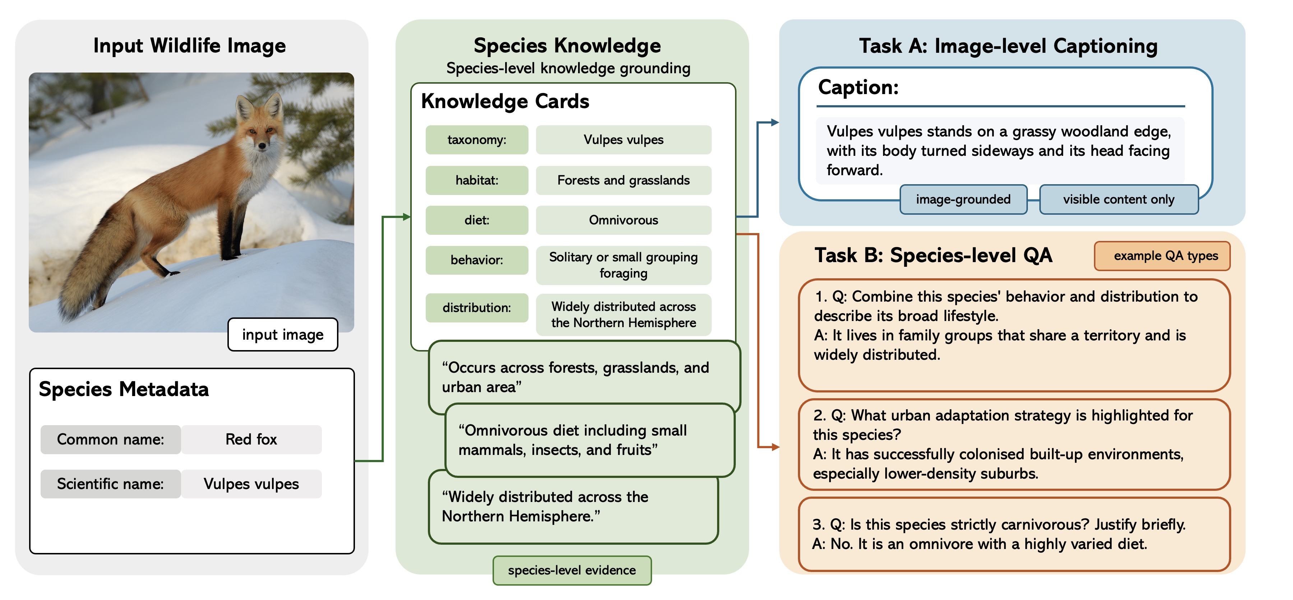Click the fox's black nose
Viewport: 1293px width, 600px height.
(x=262, y=146)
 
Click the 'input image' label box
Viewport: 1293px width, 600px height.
(x=283, y=335)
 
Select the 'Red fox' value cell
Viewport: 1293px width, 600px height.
(x=251, y=439)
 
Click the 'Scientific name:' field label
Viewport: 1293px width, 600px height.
(x=110, y=484)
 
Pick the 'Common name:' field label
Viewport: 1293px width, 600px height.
(x=110, y=439)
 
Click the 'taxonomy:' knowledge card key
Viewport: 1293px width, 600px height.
(x=477, y=139)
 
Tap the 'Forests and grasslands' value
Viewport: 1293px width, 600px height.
(x=623, y=180)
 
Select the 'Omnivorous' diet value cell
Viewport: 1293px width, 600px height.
(x=623, y=220)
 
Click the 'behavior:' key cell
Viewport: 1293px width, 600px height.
(x=477, y=260)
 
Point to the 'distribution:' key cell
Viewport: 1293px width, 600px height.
(x=477, y=307)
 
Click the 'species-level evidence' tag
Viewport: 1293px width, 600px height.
(x=572, y=571)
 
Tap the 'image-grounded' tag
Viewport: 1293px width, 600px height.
(x=963, y=199)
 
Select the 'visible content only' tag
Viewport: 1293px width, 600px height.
(x=1118, y=199)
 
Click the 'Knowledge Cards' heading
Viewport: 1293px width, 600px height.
(x=505, y=101)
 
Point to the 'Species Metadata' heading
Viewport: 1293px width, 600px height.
(x=124, y=389)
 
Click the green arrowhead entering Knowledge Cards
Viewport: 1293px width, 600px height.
(x=407, y=217)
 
